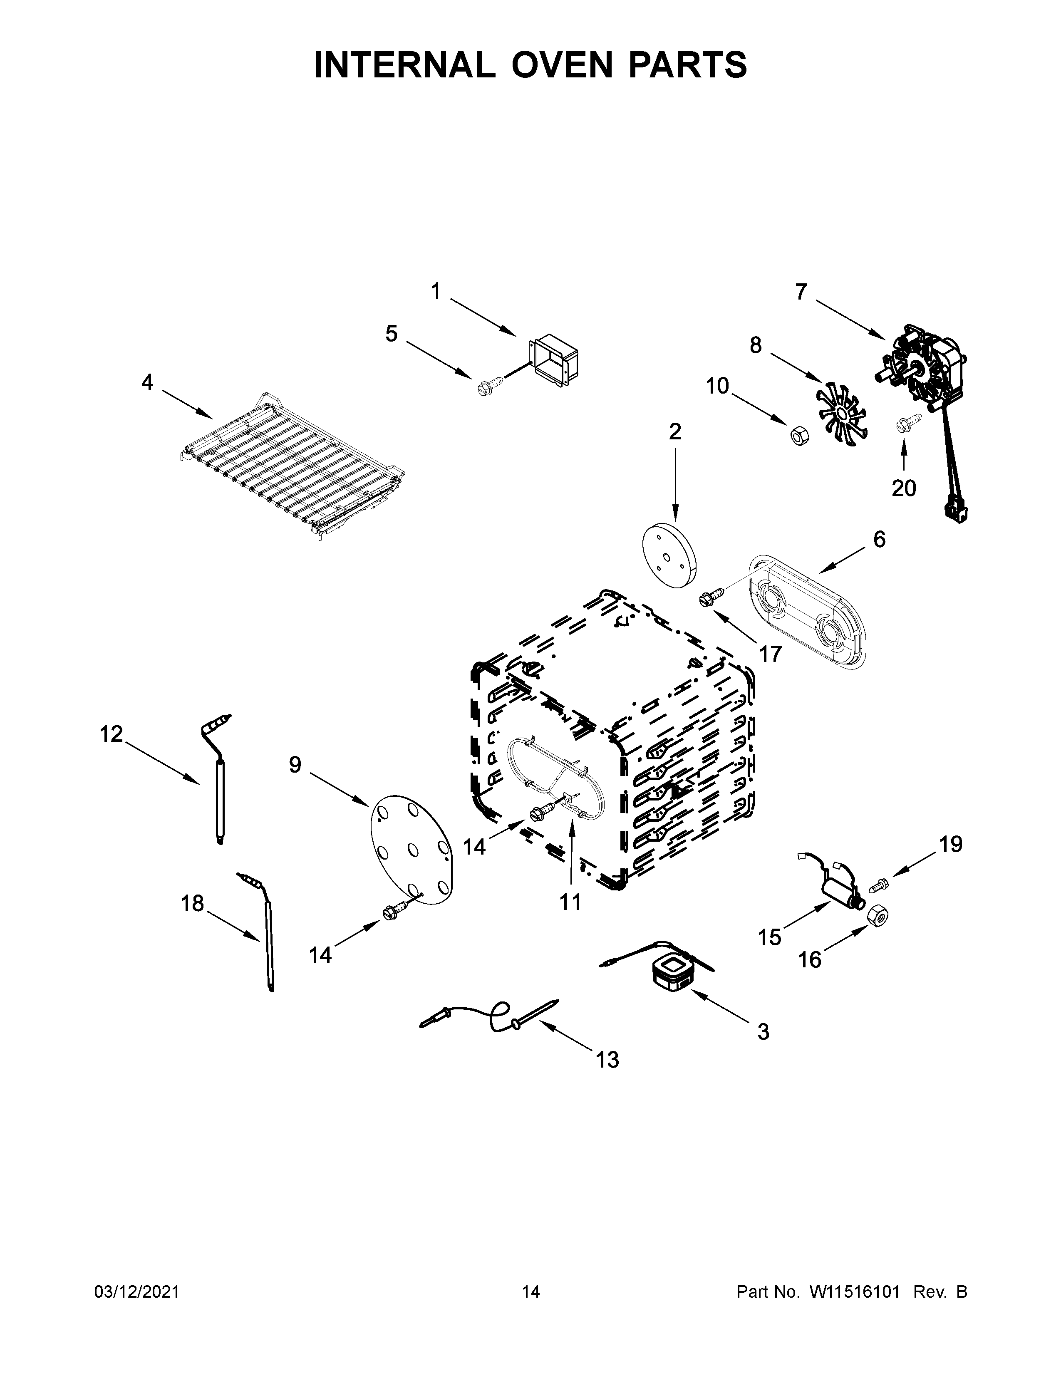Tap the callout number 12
point(111,734)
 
